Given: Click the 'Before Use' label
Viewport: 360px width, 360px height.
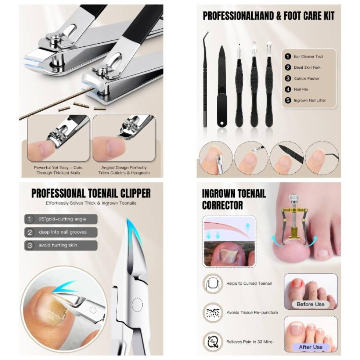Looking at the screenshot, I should (x=310, y=304).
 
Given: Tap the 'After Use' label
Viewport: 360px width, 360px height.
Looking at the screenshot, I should (x=310, y=347).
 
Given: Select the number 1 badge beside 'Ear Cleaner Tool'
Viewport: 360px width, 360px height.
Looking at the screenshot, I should (x=288, y=57).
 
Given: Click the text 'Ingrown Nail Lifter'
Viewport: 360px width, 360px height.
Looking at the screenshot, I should (x=310, y=100).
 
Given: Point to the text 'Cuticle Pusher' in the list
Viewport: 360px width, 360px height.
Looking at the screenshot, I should (x=306, y=78).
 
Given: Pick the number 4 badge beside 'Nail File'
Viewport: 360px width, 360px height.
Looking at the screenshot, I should (x=288, y=90).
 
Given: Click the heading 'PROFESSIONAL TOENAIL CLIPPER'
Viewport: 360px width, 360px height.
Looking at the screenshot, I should (x=91, y=194).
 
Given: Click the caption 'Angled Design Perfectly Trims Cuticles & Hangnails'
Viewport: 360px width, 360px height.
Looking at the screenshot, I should (x=124, y=170).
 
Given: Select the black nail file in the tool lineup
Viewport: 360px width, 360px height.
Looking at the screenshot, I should (x=222, y=86).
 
